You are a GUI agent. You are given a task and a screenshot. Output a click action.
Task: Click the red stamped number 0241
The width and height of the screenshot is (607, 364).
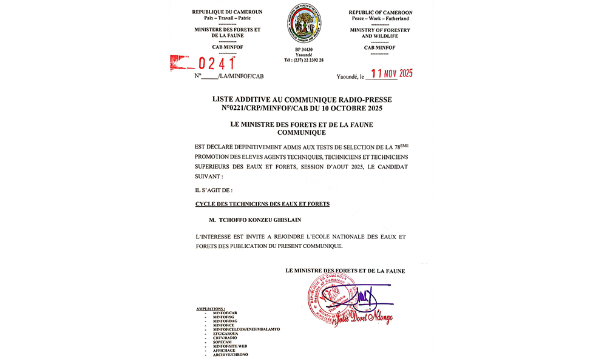pyautogui.click(x=217, y=62)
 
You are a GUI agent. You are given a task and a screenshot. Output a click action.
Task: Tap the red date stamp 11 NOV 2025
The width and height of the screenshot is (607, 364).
pyautogui.click(x=392, y=74)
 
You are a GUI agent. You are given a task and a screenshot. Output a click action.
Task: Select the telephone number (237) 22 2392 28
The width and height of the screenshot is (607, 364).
pyautogui.click(x=303, y=60)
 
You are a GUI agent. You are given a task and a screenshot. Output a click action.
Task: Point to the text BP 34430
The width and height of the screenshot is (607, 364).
pyautogui.click(x=303, y=49)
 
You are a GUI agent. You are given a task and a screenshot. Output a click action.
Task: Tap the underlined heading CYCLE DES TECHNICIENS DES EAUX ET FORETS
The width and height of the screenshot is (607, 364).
pyautogui.click(x=262, y=204)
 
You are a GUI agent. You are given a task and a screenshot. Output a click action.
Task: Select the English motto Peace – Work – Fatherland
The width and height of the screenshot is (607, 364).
pyautogui.click(x=381, y=19)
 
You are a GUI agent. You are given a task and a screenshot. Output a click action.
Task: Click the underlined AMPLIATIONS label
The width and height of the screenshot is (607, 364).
pyautogui.click(x=211, y=309)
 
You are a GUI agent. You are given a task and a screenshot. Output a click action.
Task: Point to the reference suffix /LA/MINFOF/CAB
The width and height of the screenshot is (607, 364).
pyautogui.click(x=241, y=76)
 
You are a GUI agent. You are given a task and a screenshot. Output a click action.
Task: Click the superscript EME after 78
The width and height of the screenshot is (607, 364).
pyautogui.click(x=404, y=144)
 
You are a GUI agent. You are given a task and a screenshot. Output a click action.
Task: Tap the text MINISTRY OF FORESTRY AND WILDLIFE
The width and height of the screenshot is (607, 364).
pyautogui.click(x=381, y=33)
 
